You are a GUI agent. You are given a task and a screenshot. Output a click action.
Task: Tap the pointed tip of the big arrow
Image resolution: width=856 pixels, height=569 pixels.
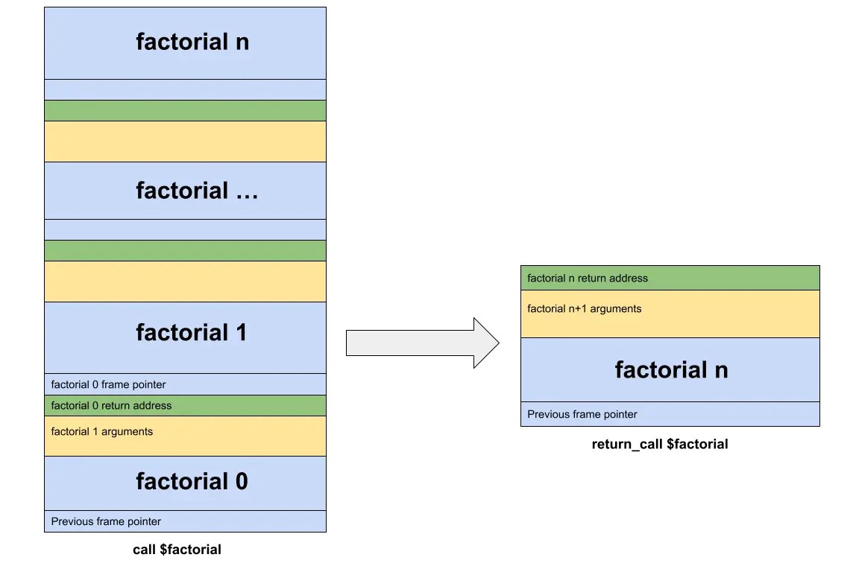click(498, 343)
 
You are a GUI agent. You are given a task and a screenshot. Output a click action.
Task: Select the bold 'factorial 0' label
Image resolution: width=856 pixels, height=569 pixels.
click(192, 482)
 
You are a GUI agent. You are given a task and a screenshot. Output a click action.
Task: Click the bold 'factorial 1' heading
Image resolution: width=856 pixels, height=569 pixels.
click(192, 333)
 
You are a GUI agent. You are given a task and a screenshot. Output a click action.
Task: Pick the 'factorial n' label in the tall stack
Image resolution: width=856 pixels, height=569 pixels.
click(192, 42)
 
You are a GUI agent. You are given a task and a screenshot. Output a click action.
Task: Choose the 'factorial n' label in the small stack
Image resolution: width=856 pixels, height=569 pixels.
click(671, 370)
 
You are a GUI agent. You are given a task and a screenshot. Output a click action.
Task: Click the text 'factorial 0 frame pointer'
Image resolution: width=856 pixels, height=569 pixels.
click(109, 385)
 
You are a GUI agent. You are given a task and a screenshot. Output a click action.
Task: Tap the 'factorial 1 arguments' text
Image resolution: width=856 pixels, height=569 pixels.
click(102, 432)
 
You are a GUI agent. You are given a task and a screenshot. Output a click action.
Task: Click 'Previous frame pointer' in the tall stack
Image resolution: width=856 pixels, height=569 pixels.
click(107, 522)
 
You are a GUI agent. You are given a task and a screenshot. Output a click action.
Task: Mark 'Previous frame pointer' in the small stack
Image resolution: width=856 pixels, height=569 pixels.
click(582, 415)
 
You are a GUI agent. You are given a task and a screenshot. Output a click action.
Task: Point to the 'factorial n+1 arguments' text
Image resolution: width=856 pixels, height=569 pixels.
click(585, 309)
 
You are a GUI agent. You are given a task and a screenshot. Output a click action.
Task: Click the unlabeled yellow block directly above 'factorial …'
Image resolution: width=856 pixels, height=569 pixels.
click(185, 142)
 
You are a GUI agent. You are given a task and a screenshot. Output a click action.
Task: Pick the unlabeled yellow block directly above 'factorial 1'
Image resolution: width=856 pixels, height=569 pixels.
click(185, 282)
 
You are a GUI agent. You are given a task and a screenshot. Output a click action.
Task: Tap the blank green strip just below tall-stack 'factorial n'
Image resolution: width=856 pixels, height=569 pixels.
click(185, 110)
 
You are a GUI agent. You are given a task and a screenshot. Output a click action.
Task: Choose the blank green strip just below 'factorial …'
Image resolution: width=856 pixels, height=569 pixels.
click(185, 250)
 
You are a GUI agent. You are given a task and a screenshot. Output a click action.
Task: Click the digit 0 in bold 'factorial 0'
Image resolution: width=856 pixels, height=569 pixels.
click(241, 482)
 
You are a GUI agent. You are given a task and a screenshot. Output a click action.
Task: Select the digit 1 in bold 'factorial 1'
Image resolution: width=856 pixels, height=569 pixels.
click(241, 333)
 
